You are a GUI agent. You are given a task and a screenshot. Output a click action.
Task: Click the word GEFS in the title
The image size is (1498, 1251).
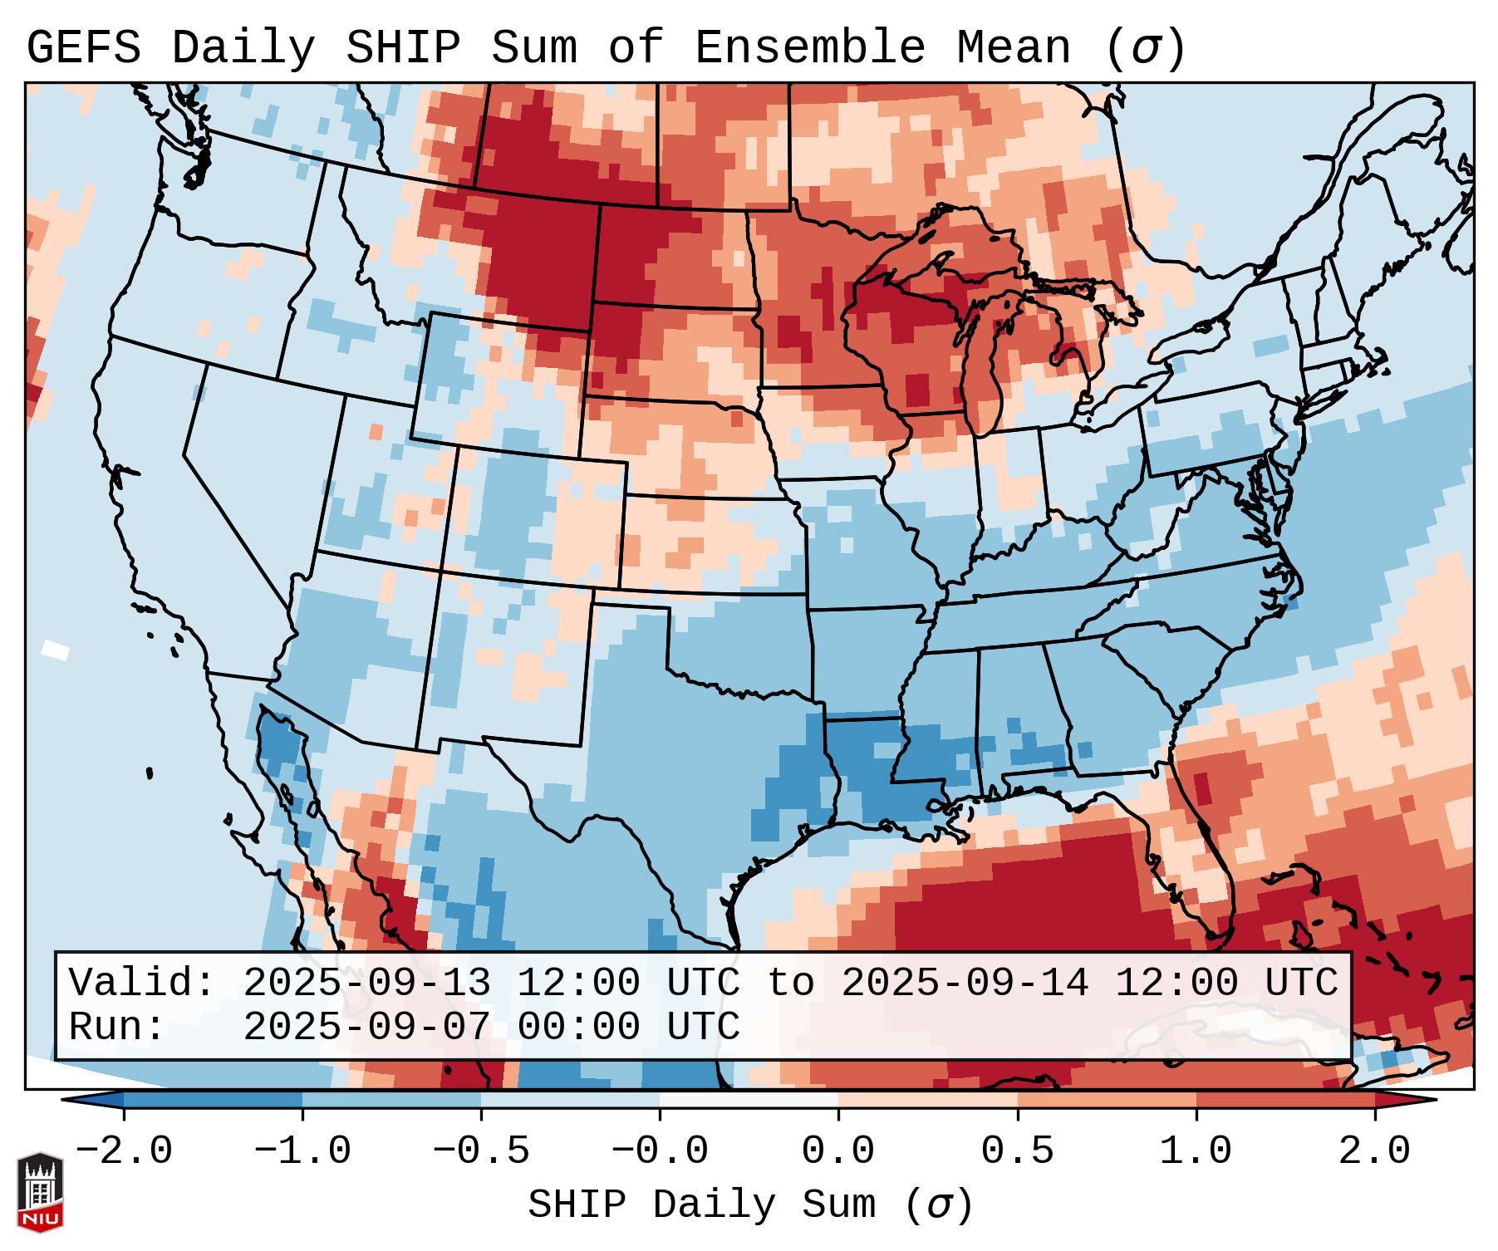(x=83, y=47)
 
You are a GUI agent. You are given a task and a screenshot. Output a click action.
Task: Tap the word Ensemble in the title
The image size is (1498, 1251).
(x=809, y=47)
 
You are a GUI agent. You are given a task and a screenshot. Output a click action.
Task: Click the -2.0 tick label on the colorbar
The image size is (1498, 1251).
(x=124, y=1151)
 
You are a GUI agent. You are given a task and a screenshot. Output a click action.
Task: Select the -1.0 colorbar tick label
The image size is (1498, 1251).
(x=302, y=1151)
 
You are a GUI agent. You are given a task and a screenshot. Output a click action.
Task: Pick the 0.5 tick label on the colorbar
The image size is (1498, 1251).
(x=1018, y=1151)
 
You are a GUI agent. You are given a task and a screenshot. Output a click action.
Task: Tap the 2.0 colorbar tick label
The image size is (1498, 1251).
(x=1375, y=1151)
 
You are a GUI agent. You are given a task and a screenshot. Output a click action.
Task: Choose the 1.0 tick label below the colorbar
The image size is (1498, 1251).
(x=1196, y=1151)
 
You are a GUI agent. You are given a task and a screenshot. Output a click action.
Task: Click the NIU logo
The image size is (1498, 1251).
(x=40, y=1192)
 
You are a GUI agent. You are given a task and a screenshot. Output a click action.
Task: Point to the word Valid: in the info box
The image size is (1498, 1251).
(x=142, y=983)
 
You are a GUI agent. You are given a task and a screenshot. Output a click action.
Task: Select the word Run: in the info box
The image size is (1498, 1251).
(x=117, y=1027)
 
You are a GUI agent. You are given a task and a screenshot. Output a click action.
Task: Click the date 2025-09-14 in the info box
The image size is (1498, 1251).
(x=965, y=983)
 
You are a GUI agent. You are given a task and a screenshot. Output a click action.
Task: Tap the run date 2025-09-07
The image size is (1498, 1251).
(x=366, y=1027)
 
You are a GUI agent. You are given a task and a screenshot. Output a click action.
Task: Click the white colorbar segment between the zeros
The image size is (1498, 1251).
(x=749, y=1100)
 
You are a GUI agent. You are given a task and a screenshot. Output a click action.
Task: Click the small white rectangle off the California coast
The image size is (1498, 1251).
(x=56, y=650)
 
